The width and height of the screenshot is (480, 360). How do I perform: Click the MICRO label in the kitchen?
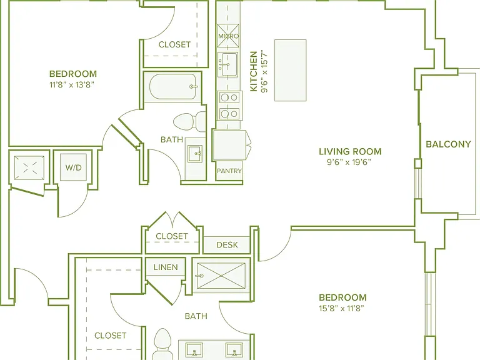(228, 36)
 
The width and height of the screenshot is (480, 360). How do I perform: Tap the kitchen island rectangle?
(291, 70)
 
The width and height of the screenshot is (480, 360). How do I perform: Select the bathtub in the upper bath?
(172, 87)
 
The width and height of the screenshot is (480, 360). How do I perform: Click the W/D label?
(74, 167)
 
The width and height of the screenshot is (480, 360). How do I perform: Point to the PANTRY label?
(229, 171)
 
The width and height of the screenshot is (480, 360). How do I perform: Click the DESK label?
(227, 244)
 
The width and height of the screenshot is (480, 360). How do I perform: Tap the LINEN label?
(166, 267)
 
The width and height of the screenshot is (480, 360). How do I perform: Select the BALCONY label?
(448, 144)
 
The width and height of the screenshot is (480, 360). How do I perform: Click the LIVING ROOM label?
(350, 151)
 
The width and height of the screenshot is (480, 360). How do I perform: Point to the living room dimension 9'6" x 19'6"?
(349, 162)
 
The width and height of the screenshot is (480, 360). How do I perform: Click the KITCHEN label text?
(254, 71)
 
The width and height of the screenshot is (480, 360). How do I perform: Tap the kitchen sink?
(227, 64)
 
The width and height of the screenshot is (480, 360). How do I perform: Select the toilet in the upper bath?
(189, 121)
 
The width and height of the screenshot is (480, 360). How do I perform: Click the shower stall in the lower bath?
(221, 276)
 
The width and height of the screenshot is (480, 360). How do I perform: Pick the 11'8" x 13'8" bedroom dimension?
(72, 84)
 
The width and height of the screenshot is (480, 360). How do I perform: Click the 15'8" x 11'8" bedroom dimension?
(341, 308)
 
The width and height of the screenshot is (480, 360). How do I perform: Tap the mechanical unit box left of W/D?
(29, 168)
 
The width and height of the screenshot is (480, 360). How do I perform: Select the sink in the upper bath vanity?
(195, 154)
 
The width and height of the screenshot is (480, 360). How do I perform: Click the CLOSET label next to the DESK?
(172, 236)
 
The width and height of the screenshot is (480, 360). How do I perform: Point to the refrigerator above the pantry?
(229, 145)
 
